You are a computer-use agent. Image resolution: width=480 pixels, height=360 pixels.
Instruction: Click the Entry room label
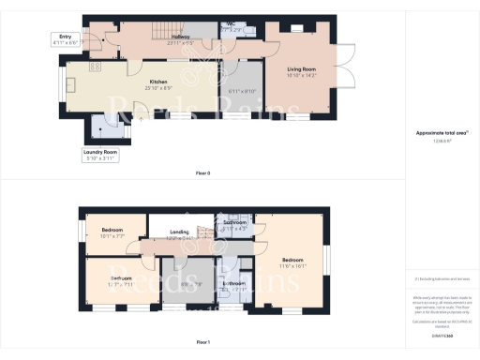(63, 40)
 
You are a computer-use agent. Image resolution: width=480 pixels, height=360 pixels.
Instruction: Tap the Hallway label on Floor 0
(179, 39)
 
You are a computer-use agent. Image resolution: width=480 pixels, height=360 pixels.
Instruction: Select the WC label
(231, 28)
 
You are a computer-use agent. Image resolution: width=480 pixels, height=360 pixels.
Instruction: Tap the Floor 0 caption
(202, 174)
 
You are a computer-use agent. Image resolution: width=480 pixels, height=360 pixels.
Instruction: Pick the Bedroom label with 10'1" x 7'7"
(113, 234)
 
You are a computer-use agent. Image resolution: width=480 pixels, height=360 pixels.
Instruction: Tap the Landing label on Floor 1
(180, 233)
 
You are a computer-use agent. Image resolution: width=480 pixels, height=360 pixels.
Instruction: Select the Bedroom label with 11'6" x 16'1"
(292, 262)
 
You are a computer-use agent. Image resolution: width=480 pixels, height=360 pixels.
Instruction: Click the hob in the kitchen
(94, 67)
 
